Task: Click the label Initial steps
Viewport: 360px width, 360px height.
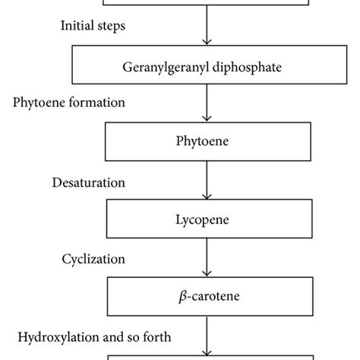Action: click(94, 25)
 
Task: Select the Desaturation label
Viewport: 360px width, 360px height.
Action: click(89, 182)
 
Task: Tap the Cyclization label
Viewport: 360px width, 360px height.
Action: click(93, 258)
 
